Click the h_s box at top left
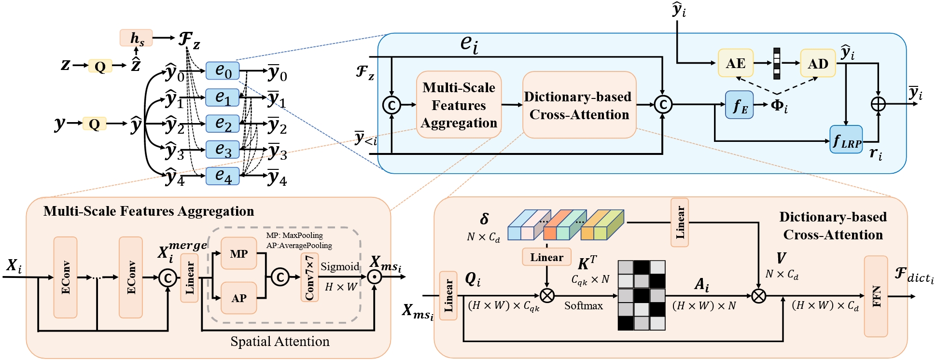click(136, 38)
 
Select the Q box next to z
click(100, 66)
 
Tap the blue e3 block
click(223, 150)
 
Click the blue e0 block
click(223, 71)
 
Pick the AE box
click(735, 63)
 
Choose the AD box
click(818, 63)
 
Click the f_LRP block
click(846, 140)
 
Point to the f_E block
click(740, 105)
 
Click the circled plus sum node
click(878, 104)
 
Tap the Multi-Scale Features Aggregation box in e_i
click(459, 105)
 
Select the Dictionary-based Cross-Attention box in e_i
click(579, 105)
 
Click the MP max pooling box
click(238, 253)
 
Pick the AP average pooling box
click(238, 298)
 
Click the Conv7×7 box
click(309, 277)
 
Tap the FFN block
click(876, 296)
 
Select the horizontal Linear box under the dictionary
click(546, 257)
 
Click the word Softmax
click(583, 305)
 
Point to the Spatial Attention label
click(280, 341)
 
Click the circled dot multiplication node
click(374, 277)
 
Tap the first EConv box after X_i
click(65, 277)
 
